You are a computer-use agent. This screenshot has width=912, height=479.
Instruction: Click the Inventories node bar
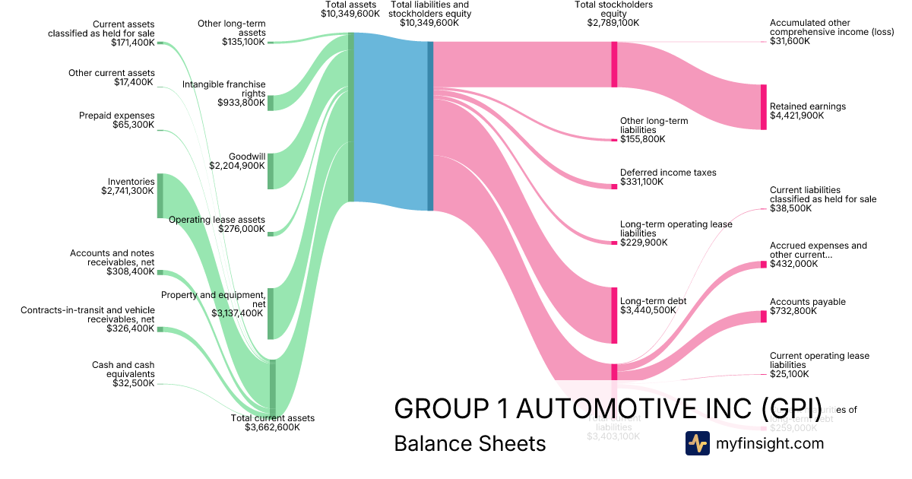[160, 195]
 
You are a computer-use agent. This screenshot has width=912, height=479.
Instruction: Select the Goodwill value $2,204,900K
[237, 165]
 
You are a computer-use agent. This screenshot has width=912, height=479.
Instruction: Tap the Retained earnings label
[807, 106]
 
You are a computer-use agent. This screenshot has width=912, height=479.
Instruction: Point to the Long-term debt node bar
[614, 315]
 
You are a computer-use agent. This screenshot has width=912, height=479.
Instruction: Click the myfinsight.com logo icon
[697, 443]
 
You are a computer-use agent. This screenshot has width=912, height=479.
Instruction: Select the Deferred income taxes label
[667, 173]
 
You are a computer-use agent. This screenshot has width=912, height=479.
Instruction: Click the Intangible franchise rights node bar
[271, 103]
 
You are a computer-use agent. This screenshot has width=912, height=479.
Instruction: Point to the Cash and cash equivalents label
[123, 370]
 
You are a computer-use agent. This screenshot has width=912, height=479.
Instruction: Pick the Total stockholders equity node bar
[614, 65]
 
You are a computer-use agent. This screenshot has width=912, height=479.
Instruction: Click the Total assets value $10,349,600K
[350, 14]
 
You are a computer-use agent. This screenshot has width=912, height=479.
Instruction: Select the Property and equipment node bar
[271, 313]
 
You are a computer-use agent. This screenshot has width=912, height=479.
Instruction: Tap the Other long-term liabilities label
[654, 125]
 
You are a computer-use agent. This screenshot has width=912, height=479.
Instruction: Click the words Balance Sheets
[470, 443]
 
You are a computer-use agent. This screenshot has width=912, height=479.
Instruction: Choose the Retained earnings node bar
[763, 106]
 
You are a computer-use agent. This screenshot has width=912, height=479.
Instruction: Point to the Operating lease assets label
[217, 220]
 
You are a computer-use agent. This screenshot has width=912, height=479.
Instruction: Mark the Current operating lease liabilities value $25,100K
[790, 374]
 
